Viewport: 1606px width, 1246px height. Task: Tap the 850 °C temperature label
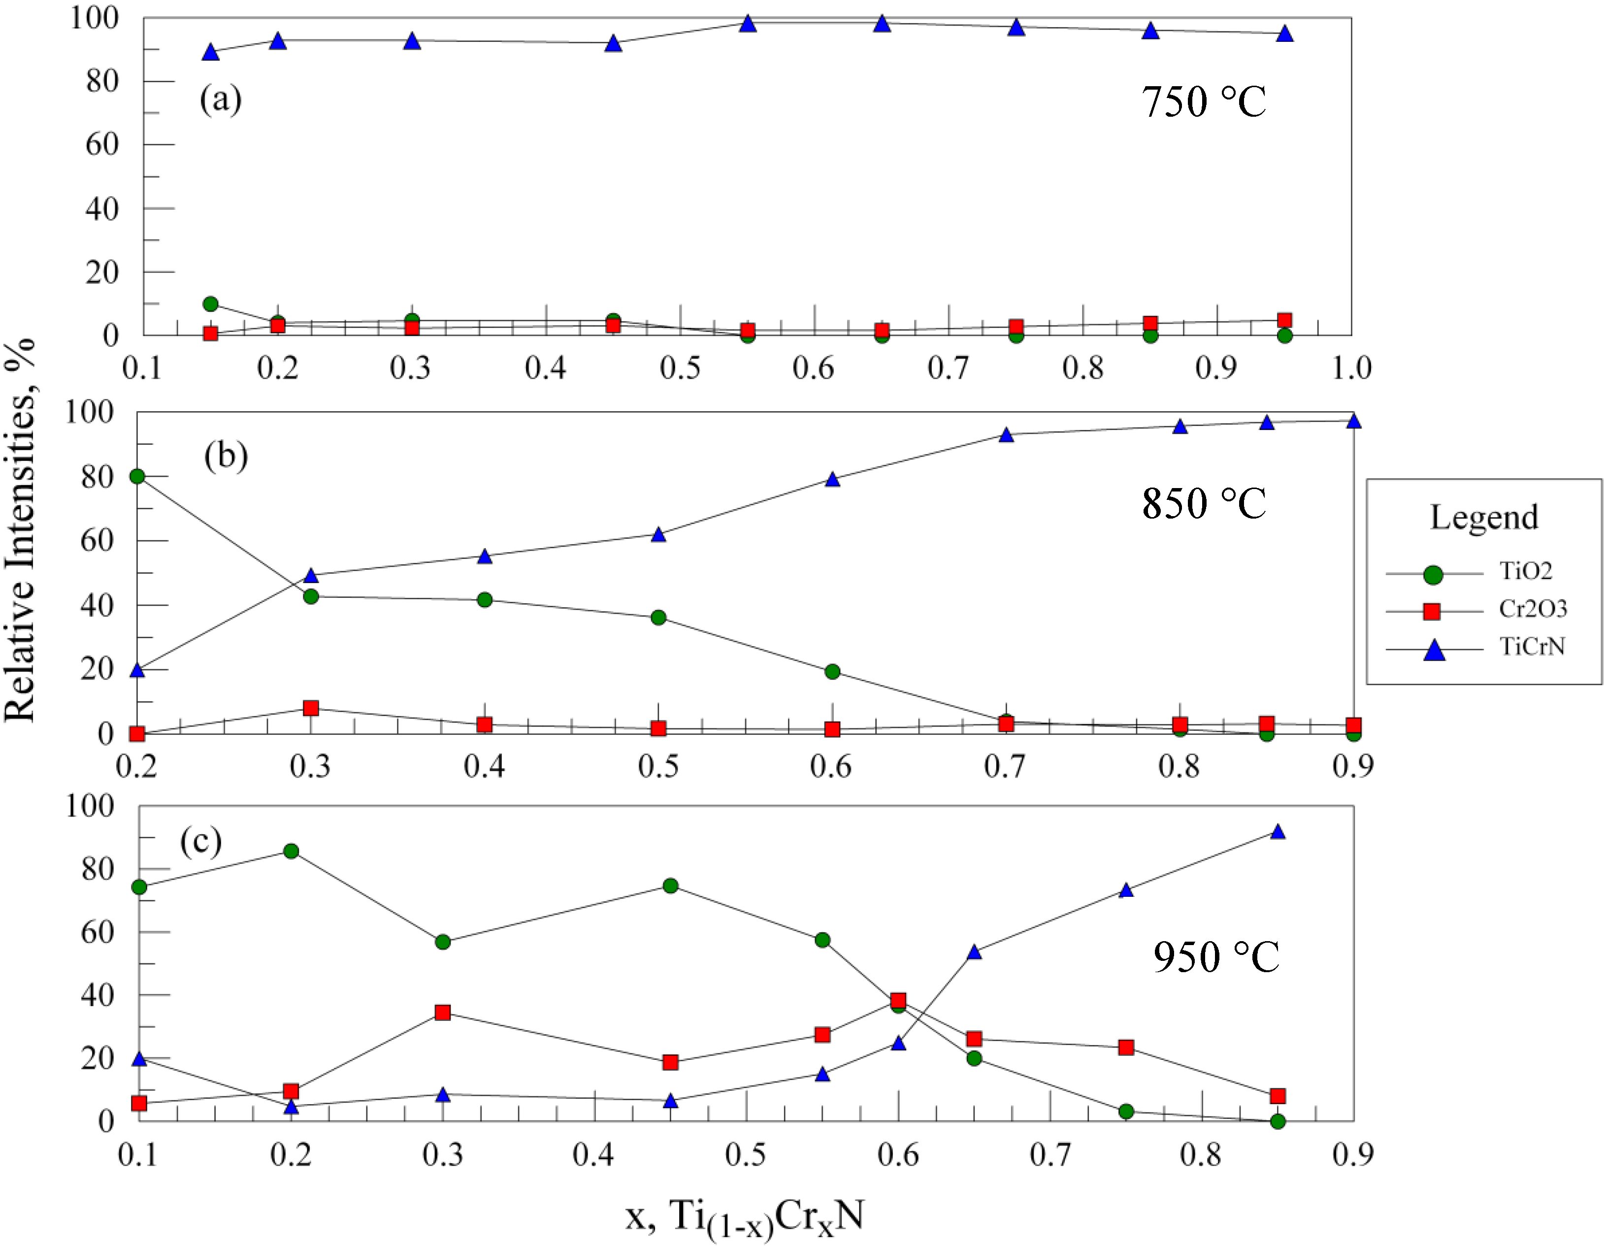(x=1204, y=503)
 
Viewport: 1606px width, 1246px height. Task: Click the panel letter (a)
(x=221, y=98)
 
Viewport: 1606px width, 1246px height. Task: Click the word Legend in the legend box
(x=1483, y=517)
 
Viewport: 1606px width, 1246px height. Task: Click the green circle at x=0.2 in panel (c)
(x=291, y=851)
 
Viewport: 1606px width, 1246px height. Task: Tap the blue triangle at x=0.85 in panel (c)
(x=1278, y=832)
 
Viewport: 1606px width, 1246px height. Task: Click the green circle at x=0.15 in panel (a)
(x=210, y=304)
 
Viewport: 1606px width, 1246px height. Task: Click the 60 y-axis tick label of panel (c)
(x=98, y=932)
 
